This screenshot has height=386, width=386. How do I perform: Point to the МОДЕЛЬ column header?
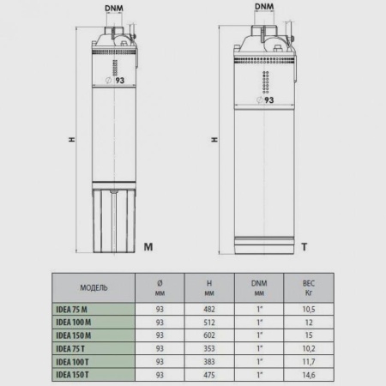point(94,286)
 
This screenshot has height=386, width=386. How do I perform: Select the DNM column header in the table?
point(259,286)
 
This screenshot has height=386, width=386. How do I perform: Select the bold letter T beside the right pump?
point(305,246)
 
